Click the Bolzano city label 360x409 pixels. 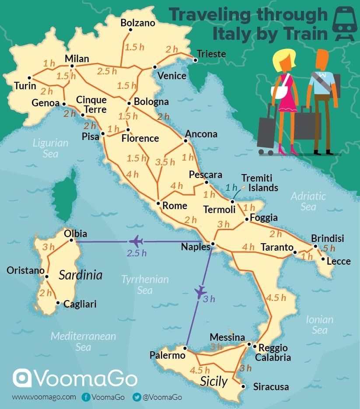138,23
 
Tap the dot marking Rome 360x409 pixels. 158,203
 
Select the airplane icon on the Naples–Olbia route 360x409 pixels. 136,241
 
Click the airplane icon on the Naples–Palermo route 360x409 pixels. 201,290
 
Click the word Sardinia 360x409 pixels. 80,275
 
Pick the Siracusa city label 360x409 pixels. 271,387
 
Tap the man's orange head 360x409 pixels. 322,59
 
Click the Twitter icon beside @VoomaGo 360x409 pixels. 136,397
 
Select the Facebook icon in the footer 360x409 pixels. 86,397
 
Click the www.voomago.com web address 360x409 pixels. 44,397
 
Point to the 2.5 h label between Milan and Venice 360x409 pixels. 107,71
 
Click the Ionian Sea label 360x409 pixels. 319,325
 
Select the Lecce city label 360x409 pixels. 339,261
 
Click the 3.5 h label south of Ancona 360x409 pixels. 165,162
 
